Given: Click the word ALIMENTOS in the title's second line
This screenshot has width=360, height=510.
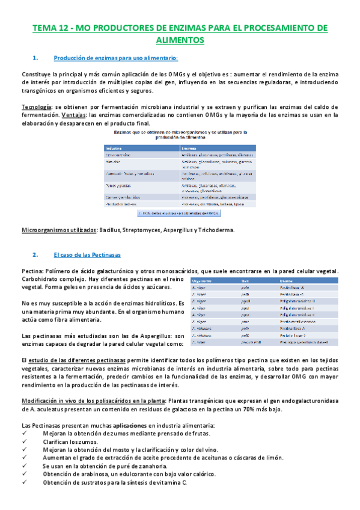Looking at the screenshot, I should coord(180,40).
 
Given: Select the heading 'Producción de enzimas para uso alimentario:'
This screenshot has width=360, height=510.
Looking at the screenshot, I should coord(115,58).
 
